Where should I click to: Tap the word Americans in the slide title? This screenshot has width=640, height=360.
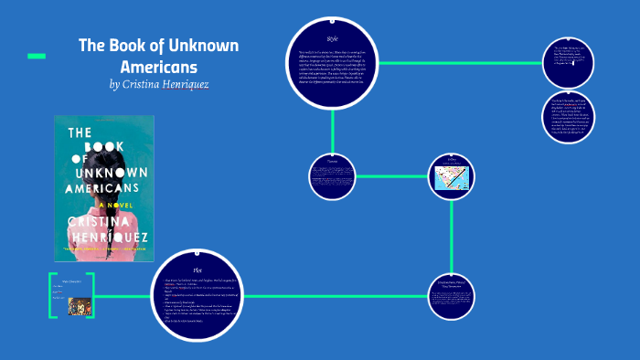point(159,67)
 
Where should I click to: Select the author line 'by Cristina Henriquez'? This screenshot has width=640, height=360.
point(159,85)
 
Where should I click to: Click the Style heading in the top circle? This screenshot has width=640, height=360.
point(333,39)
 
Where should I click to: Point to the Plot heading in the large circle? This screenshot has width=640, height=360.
point(197,271)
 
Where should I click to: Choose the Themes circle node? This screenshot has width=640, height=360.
point(332,175)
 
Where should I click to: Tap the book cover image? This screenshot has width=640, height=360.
point(104,191)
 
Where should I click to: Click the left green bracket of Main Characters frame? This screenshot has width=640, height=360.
point(52,295)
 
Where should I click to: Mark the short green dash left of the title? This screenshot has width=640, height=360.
point(37,57)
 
